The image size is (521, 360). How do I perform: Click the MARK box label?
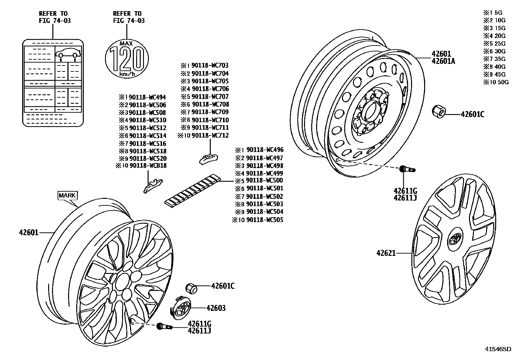[x=67, y=196]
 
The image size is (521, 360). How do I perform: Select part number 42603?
[x=216, y=308]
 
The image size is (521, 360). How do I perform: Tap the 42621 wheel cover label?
[x=386, y=253]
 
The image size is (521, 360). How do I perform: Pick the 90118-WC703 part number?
[x=210, y=66]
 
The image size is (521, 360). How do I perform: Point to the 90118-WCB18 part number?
[x=148, y=166]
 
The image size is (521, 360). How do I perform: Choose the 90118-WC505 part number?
[x=264, y=220]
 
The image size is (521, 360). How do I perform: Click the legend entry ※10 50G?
[x=496, y=82]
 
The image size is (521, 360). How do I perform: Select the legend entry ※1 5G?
[x=493, y=13]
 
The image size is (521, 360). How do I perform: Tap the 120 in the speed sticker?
[x=127, y=59]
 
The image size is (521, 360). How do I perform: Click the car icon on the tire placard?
[x=68, y=53]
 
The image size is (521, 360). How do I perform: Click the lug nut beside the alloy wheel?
[x=191, y=288]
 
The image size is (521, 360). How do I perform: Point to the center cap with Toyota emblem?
[x=179, y=308]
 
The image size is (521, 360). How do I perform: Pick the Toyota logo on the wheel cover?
[x=455, y=238]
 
